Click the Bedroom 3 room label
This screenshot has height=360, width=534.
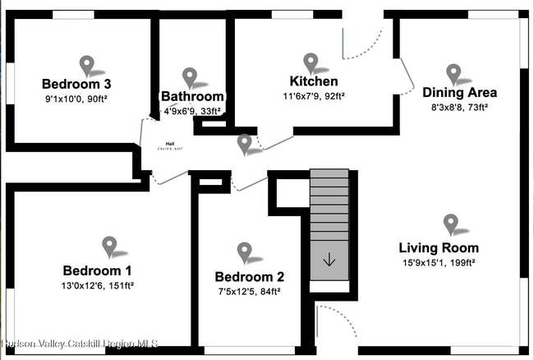click(76, 84)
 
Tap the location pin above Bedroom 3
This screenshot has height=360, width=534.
click(88, 63)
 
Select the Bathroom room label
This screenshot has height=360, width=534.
click(192, 96)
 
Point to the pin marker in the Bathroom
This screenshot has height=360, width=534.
click(191, 77)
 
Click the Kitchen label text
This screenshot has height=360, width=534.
click(314, 81)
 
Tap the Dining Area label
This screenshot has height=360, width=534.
click(459, 92)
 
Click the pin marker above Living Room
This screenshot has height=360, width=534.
click(450, 223)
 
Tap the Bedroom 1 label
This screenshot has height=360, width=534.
click(97, 270)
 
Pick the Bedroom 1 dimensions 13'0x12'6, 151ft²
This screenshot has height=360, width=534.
click(97, 286)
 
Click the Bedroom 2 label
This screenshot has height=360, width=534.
click(250, 276)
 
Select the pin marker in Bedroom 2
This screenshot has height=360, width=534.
click(244, 252)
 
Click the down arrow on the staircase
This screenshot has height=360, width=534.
click(329, 261)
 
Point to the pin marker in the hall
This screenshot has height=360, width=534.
click(244, 144)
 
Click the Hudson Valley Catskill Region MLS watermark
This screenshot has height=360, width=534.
click(80, 344)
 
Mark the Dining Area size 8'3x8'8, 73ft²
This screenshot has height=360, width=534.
click(459, 107)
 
